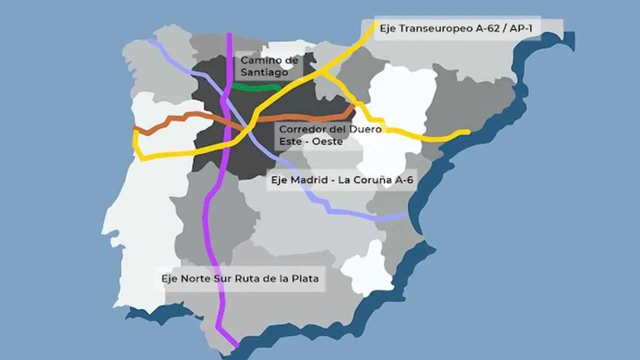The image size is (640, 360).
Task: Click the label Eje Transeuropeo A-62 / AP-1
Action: [x=456, y=28]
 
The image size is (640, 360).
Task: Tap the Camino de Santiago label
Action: [x=269, y=66]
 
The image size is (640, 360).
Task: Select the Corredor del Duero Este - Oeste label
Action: [x=330, y=135]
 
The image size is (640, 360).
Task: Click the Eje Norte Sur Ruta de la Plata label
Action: [x=240, y=278]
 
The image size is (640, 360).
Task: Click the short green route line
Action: [x=256, y=88]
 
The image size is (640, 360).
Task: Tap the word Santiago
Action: [x=264, y=72]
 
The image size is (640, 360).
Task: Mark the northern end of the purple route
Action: [x=229, y=34]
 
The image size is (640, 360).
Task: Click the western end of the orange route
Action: [x=135, y=128]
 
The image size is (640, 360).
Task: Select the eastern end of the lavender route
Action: [x=407, y=215]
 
